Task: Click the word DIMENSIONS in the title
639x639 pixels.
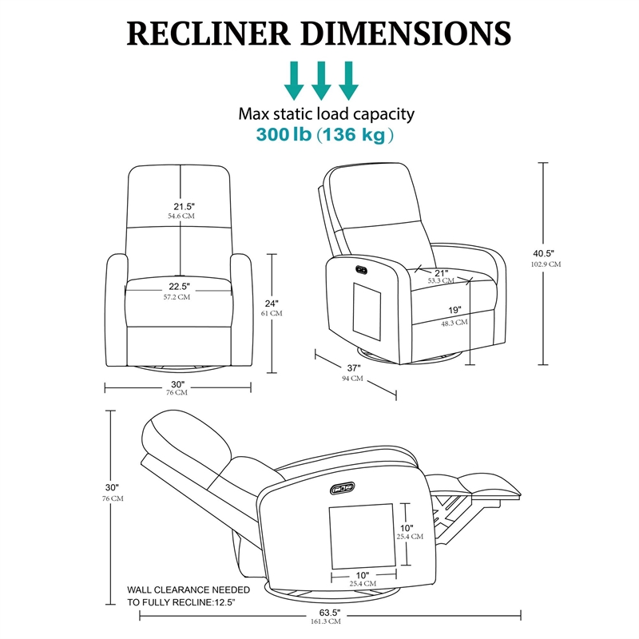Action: pyautogui.click(x=409, y=33)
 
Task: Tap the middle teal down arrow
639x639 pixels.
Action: pyautogui.click(x=321, y=80)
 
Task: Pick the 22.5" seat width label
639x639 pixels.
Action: pyautogui.click(x=178, y=287)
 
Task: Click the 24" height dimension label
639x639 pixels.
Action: pyautogui.click(x=272, y=303)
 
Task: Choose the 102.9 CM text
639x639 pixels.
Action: pyautogui.click(x=546, y=264)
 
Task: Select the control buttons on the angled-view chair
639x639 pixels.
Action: pyautogui.click(x=360, y=268)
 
